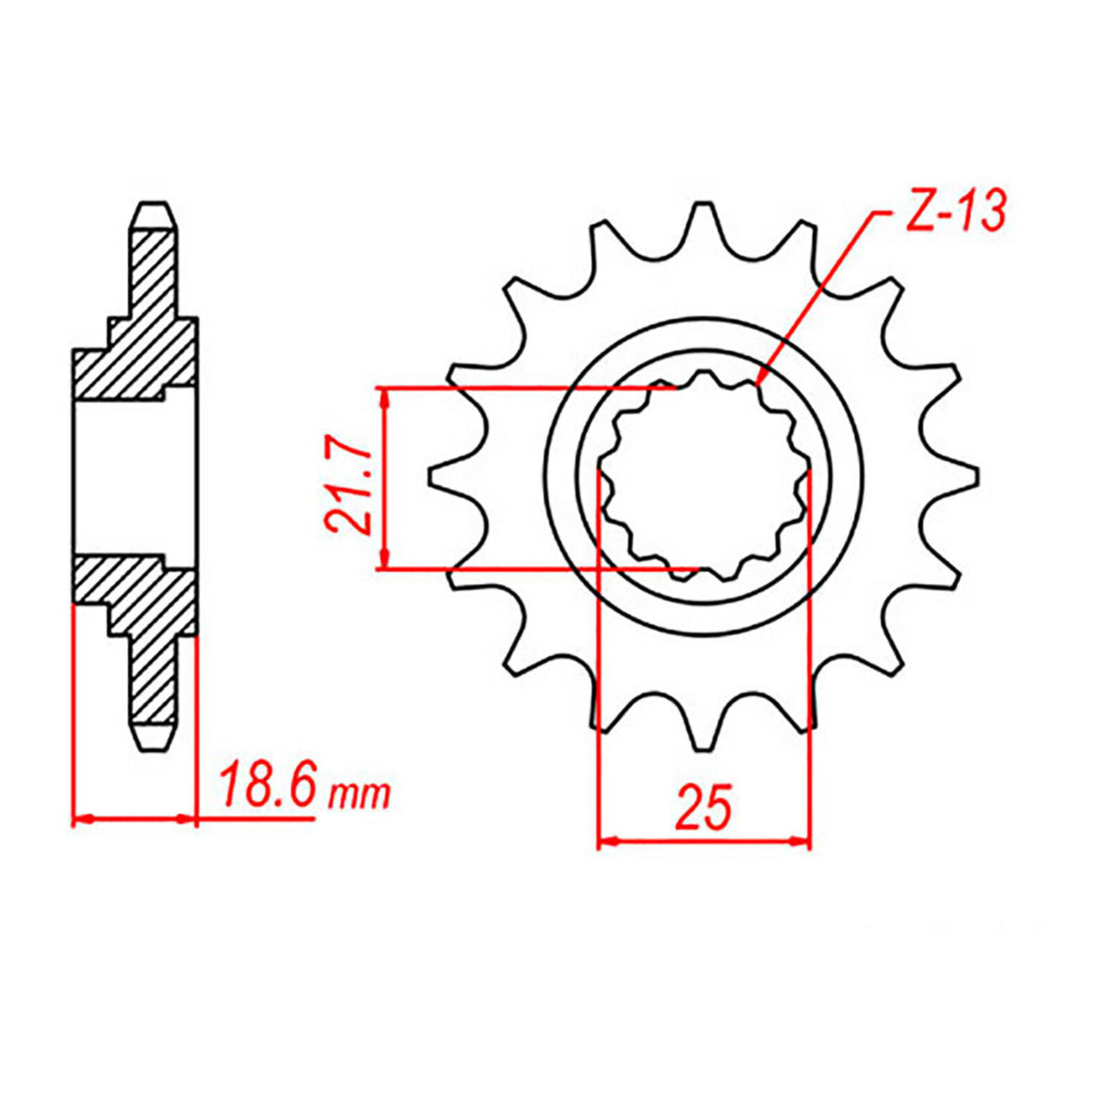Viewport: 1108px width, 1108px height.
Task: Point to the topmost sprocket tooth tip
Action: (704, 206)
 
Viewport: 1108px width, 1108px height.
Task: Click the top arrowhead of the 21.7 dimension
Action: (385, 392)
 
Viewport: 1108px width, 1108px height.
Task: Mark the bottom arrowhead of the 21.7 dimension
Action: (385, 566)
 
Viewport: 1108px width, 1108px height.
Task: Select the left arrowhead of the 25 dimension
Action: (602, 841)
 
